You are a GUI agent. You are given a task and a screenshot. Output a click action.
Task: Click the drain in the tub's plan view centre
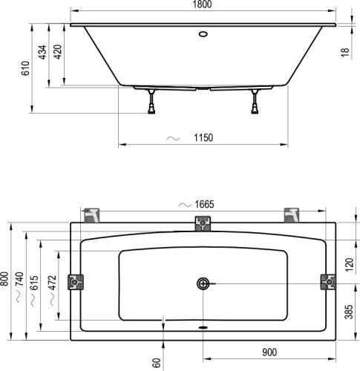click(x=203, y=283)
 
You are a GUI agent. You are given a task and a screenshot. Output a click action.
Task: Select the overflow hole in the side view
click(x=203, y=33)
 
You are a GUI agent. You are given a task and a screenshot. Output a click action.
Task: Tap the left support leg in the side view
click(x=151, y=101)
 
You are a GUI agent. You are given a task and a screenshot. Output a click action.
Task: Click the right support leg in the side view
click(x=255, y=101)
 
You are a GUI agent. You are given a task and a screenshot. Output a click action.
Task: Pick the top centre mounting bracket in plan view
click(x=203, y=223)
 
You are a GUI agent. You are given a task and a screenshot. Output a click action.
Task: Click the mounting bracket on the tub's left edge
click(x=77, y=282)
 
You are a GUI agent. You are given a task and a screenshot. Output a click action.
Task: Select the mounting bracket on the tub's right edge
click(x=327, y=282)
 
